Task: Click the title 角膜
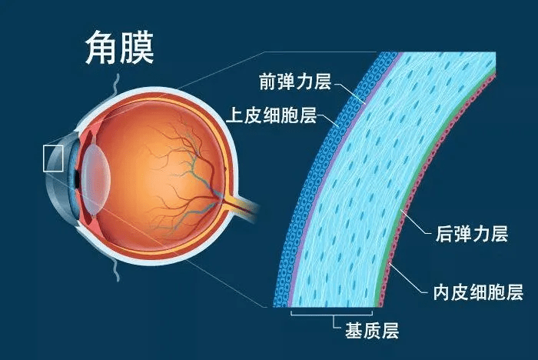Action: (119, 47)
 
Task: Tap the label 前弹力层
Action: (295, 82)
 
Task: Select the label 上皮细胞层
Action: (271, 115)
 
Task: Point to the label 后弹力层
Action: (472, 234)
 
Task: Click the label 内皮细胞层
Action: (478, 292)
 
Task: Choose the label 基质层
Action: (372, 331)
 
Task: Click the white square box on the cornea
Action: (53, 158)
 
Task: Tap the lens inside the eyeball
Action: (95, 178)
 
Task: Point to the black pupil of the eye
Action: (77, 178)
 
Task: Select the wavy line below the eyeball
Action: (116, 270)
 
